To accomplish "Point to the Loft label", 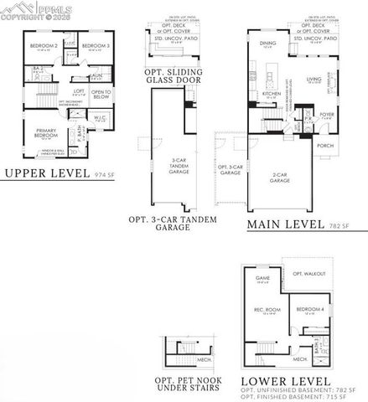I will click(80, 90).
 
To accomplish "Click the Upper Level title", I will click(46, 174).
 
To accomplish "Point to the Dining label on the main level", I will click(268, 43).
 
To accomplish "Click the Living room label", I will click(314, 80).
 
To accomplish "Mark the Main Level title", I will click(273, 225).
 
